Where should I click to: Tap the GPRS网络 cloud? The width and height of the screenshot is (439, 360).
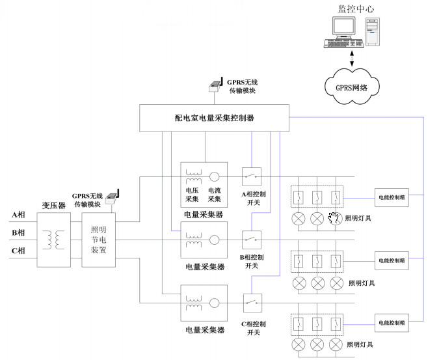(x=352, y=85)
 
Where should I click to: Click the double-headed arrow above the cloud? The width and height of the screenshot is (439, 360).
(x=352, y=59)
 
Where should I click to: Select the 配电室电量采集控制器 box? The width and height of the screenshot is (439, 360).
(x=215, y=118)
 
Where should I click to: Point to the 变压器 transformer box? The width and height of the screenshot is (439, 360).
(x=54, y=238)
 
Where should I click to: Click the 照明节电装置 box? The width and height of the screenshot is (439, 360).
(x=98, y=238)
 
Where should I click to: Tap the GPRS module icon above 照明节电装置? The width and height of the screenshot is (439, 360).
(x=113, y=195)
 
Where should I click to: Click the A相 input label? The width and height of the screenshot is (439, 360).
(x=18, y=215)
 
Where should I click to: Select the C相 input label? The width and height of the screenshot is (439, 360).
(x=18, y=251)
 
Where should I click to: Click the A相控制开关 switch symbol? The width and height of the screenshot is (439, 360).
(x=252, y=176)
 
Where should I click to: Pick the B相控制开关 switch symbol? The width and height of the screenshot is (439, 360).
(x=252, y=239)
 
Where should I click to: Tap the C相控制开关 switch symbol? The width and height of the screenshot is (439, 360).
(x=252, y=301)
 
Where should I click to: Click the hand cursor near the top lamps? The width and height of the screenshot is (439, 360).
(x=334, y=218)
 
